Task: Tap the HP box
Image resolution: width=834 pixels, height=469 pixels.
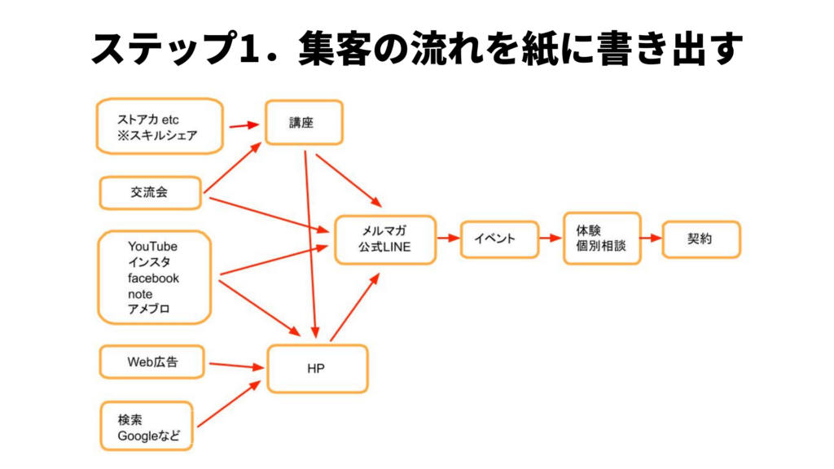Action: (x=316, y=369)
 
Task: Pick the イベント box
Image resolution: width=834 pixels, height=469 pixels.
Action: (x=499, y=239)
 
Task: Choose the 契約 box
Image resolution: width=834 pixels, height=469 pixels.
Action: (x=700, y=239)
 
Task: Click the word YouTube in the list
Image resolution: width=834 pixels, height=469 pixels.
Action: (x=152, y=246)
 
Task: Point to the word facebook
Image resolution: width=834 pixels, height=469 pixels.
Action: (x=153, y=278)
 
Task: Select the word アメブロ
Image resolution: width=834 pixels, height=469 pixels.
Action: (x=149, y=309)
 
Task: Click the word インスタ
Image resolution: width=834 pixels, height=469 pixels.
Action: (x=149, y=262)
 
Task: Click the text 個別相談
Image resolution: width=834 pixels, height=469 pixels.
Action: (x=602, y=246)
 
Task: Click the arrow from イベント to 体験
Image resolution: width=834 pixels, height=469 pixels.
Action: (x=551, y=239)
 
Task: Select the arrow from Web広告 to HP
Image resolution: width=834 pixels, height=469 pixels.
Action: (x=235, y=366)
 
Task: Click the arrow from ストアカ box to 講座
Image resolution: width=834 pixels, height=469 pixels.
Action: (x=243, y=125)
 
